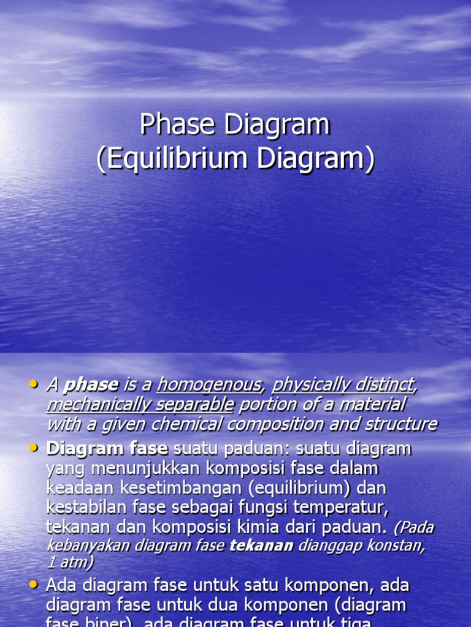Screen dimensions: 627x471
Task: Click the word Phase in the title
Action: click(x=177, y=125)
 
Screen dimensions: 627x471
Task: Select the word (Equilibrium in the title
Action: click(x=172, y=159)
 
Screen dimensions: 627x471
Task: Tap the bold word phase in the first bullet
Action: click(x=91, y=385)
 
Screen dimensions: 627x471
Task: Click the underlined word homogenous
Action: click(x=209, y=385)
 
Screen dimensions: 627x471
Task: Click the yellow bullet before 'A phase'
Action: click(x=34, y=384)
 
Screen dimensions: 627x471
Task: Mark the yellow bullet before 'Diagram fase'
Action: click(x=34, y=448)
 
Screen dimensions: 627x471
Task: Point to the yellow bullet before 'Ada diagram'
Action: click(x=34, y=585)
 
